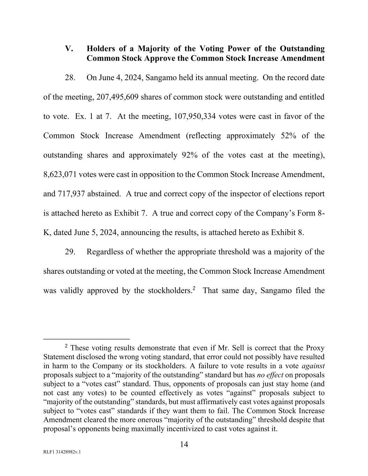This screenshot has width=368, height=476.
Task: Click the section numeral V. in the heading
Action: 69,48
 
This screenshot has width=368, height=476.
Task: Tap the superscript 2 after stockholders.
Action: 194,288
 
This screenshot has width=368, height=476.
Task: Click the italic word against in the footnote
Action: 313,366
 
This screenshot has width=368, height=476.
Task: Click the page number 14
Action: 184,444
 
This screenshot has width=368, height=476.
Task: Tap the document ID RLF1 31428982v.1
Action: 62,452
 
